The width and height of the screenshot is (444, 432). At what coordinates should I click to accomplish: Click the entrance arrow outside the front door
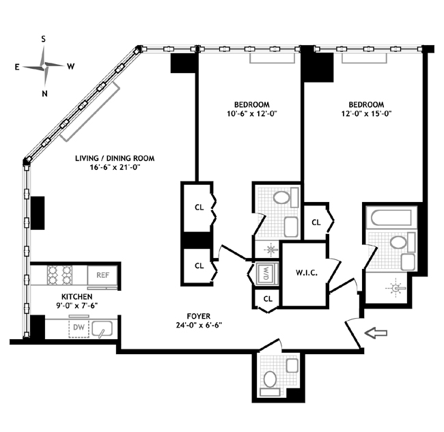click(x=376, y=333)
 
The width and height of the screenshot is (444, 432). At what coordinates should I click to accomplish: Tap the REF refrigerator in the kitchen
click(x=102, y=275)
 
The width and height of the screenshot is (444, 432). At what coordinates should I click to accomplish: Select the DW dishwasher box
click(x=79, y=328)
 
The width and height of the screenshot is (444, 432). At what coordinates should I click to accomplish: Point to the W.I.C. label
click(x=307, y=273)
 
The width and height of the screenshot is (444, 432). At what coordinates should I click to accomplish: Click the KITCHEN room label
click(x=77, y=297)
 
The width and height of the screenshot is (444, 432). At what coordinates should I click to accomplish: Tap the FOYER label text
click(x=199, y=316)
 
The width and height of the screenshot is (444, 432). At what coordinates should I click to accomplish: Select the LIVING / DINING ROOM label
click(x=115, y=158)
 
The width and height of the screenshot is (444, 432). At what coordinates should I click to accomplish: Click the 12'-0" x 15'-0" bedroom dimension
click(x=366, y=114)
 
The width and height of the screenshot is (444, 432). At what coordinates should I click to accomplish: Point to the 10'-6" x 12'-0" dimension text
click(x=252, y=114)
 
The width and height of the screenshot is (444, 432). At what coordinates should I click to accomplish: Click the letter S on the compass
click(x=43, y=39)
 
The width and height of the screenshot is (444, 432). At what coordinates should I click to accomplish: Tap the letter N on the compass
click(x=44, y=93)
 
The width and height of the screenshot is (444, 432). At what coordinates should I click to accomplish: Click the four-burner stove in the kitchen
click(x=59, y=275)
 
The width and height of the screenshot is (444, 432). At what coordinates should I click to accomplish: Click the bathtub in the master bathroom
click(x=391, y=218)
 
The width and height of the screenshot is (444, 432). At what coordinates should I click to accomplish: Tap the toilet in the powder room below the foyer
click(x=270, y=379)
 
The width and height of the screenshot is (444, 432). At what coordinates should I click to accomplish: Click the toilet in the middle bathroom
click(x=281, y=197)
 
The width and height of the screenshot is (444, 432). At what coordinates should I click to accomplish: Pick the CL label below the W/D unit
click(x=268, y=299)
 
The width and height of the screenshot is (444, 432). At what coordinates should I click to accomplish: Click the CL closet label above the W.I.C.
click(x=316, y=222)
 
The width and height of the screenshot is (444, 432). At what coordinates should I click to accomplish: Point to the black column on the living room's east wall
click(x=38, y=213)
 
